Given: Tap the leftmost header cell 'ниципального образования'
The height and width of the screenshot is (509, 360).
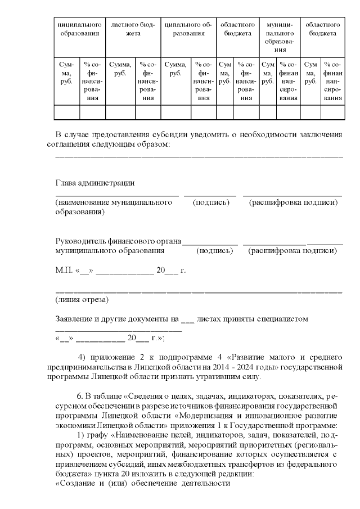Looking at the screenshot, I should click(79, 29).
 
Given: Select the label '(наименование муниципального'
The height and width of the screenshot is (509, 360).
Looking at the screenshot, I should click(113, 201).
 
